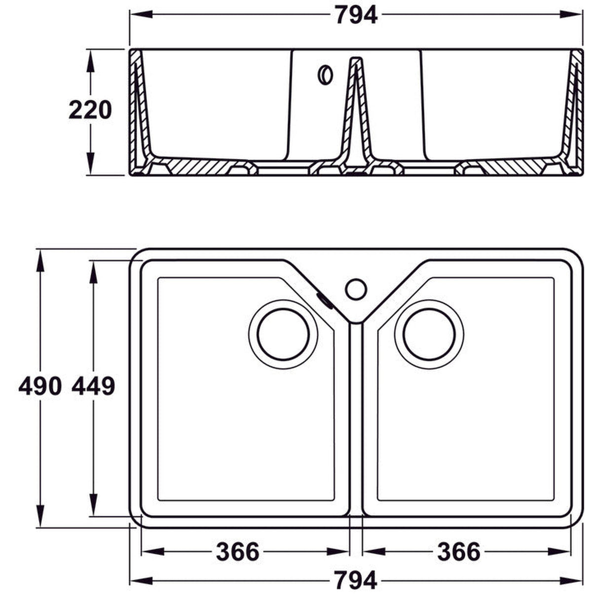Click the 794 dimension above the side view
pos(356,15)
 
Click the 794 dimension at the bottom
pos(356,580)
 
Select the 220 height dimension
pos(90,110)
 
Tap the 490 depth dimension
pos(39,386)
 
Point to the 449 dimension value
pos(93,386)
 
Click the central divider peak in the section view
pos(356,61)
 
